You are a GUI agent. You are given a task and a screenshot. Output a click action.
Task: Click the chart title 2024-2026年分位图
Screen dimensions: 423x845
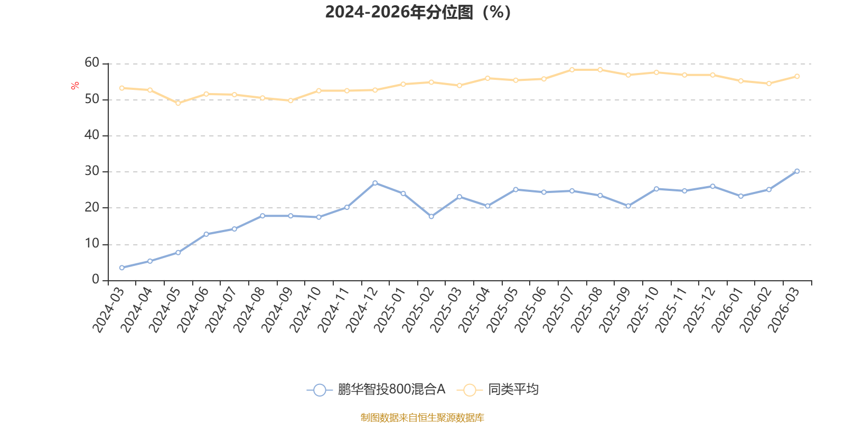pos(418,12)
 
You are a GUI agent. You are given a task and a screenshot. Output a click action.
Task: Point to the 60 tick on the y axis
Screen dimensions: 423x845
pos(92,63)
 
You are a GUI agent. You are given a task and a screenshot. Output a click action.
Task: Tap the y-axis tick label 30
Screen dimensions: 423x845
pos(92,171)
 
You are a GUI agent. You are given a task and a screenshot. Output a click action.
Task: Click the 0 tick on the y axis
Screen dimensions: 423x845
pos(96,279)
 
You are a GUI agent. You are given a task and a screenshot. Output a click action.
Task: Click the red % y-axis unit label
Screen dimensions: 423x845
pos(76,85)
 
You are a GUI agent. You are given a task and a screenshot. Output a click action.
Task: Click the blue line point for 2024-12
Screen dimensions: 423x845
pos(375,183)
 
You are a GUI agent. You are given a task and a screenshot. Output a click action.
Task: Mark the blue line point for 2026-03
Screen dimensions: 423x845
pos(797,171)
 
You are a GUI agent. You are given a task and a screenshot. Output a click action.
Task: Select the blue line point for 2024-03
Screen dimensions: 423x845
pos(122,268)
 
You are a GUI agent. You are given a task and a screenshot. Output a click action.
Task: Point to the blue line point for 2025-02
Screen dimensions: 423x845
pos(431,216)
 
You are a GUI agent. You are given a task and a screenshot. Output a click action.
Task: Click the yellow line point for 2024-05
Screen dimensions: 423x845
pos(178,103)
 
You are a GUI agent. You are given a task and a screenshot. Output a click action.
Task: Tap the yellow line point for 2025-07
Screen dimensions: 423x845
pos(572,69)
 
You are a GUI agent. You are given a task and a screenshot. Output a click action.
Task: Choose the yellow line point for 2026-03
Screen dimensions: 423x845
pos(797,76)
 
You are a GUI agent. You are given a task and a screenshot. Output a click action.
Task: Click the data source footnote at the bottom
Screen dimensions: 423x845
pos(422,418)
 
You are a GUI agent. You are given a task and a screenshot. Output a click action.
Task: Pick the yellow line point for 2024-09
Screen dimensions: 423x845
pos(290,100)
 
